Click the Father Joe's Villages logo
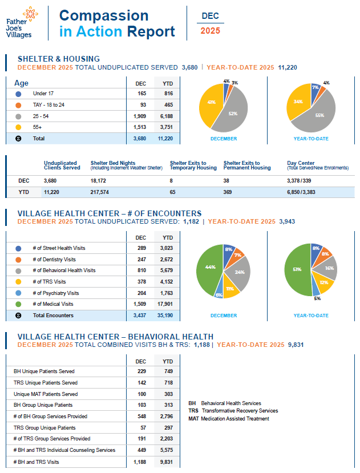[x=22, y=22]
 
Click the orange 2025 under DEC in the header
[x=210, y=31]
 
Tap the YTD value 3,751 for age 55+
[x=168, y=127]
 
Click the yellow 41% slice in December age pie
[x=211, y=103]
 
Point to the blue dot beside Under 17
[x=18, y=94]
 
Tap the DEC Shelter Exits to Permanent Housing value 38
[x=228, y=180]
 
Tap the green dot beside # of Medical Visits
[x=18, y=304]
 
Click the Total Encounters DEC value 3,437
[x=140, y=315]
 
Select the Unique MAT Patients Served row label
[x=46, y=394]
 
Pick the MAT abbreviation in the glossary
[x=193, y=419]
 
